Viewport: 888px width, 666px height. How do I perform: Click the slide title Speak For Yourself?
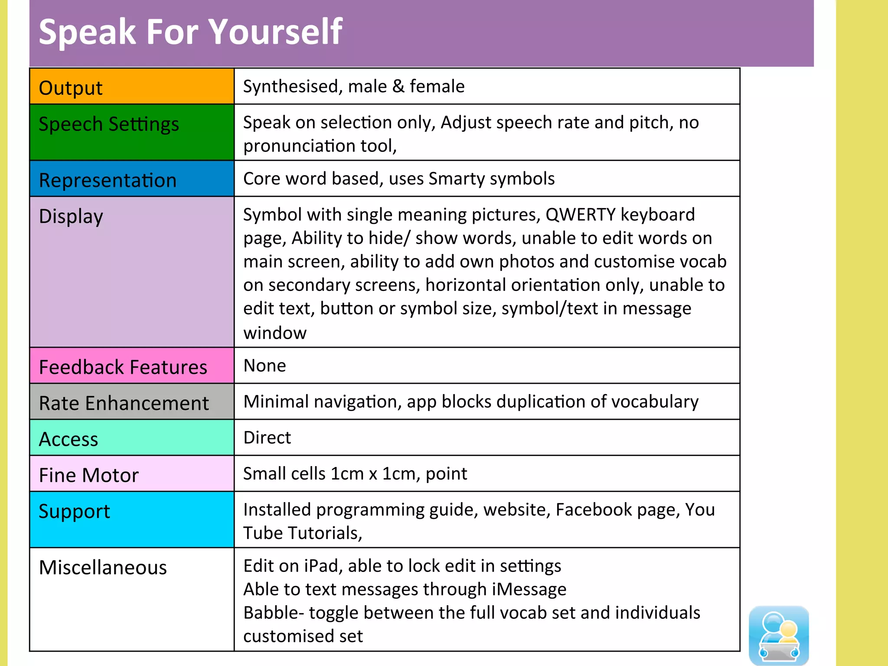click(x=191, y=32)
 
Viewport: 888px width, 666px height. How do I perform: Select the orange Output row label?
click(x=71, y=88)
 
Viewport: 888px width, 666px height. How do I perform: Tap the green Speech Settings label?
click(x=109, y=124)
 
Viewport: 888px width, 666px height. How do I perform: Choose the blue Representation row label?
click(x=108, y=180)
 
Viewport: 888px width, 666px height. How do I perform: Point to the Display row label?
click(x=71, y=216)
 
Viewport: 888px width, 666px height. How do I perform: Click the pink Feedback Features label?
click(x=123, y=367)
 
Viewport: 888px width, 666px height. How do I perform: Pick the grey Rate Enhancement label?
click(x=124, y=403)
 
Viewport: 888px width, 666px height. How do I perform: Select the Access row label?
click(x=69, y=439)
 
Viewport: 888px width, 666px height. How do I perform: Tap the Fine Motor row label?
click(x=89, y=475)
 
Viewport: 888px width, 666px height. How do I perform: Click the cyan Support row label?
click(x=74, y=511)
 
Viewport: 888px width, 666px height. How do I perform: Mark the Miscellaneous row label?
click(x=103, y=567)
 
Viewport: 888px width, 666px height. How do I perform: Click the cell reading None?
click(x=264, y=366)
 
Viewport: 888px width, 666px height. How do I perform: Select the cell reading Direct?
click(x=267, y=437)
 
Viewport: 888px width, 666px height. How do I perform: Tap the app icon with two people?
click(x=779, y=635)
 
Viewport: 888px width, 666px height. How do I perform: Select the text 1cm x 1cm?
click(x=375, y=473)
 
